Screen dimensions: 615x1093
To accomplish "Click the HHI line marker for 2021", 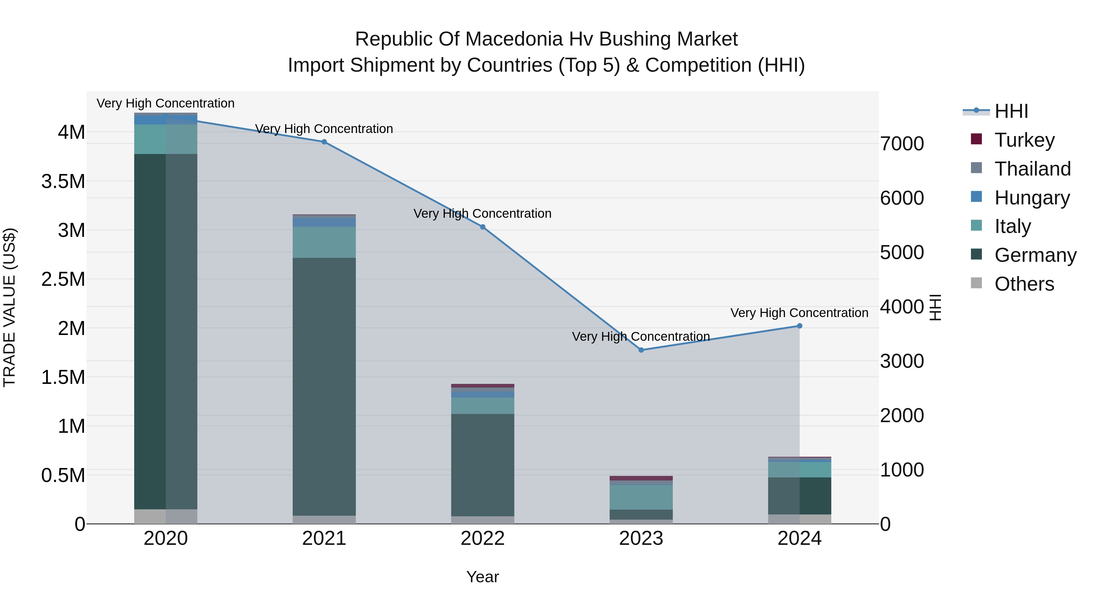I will click(324, 142).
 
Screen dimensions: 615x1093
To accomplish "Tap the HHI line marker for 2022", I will click(482, 227).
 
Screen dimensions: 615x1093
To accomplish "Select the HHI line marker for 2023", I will click(641, 350).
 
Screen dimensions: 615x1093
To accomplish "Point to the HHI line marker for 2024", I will click(799, 326).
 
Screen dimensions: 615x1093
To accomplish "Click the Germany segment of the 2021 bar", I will click(324, 386).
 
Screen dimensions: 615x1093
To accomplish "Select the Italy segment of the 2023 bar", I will click(641, 497).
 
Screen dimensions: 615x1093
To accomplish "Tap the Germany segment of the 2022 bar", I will click(482, 465).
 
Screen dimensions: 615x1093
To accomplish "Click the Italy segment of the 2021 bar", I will click(324, 242).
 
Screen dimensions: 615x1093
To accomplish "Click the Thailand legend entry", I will click(1032, 169).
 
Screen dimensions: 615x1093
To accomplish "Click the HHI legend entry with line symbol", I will click(1011, 111).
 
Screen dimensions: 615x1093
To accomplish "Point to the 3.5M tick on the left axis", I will click(63, 182).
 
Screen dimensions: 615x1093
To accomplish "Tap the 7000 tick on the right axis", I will click(902, 144).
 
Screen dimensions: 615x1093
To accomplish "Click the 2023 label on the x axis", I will click(641, 538).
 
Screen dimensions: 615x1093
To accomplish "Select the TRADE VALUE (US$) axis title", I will click(9, 307).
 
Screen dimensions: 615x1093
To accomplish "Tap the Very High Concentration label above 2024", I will click(799, 313).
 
